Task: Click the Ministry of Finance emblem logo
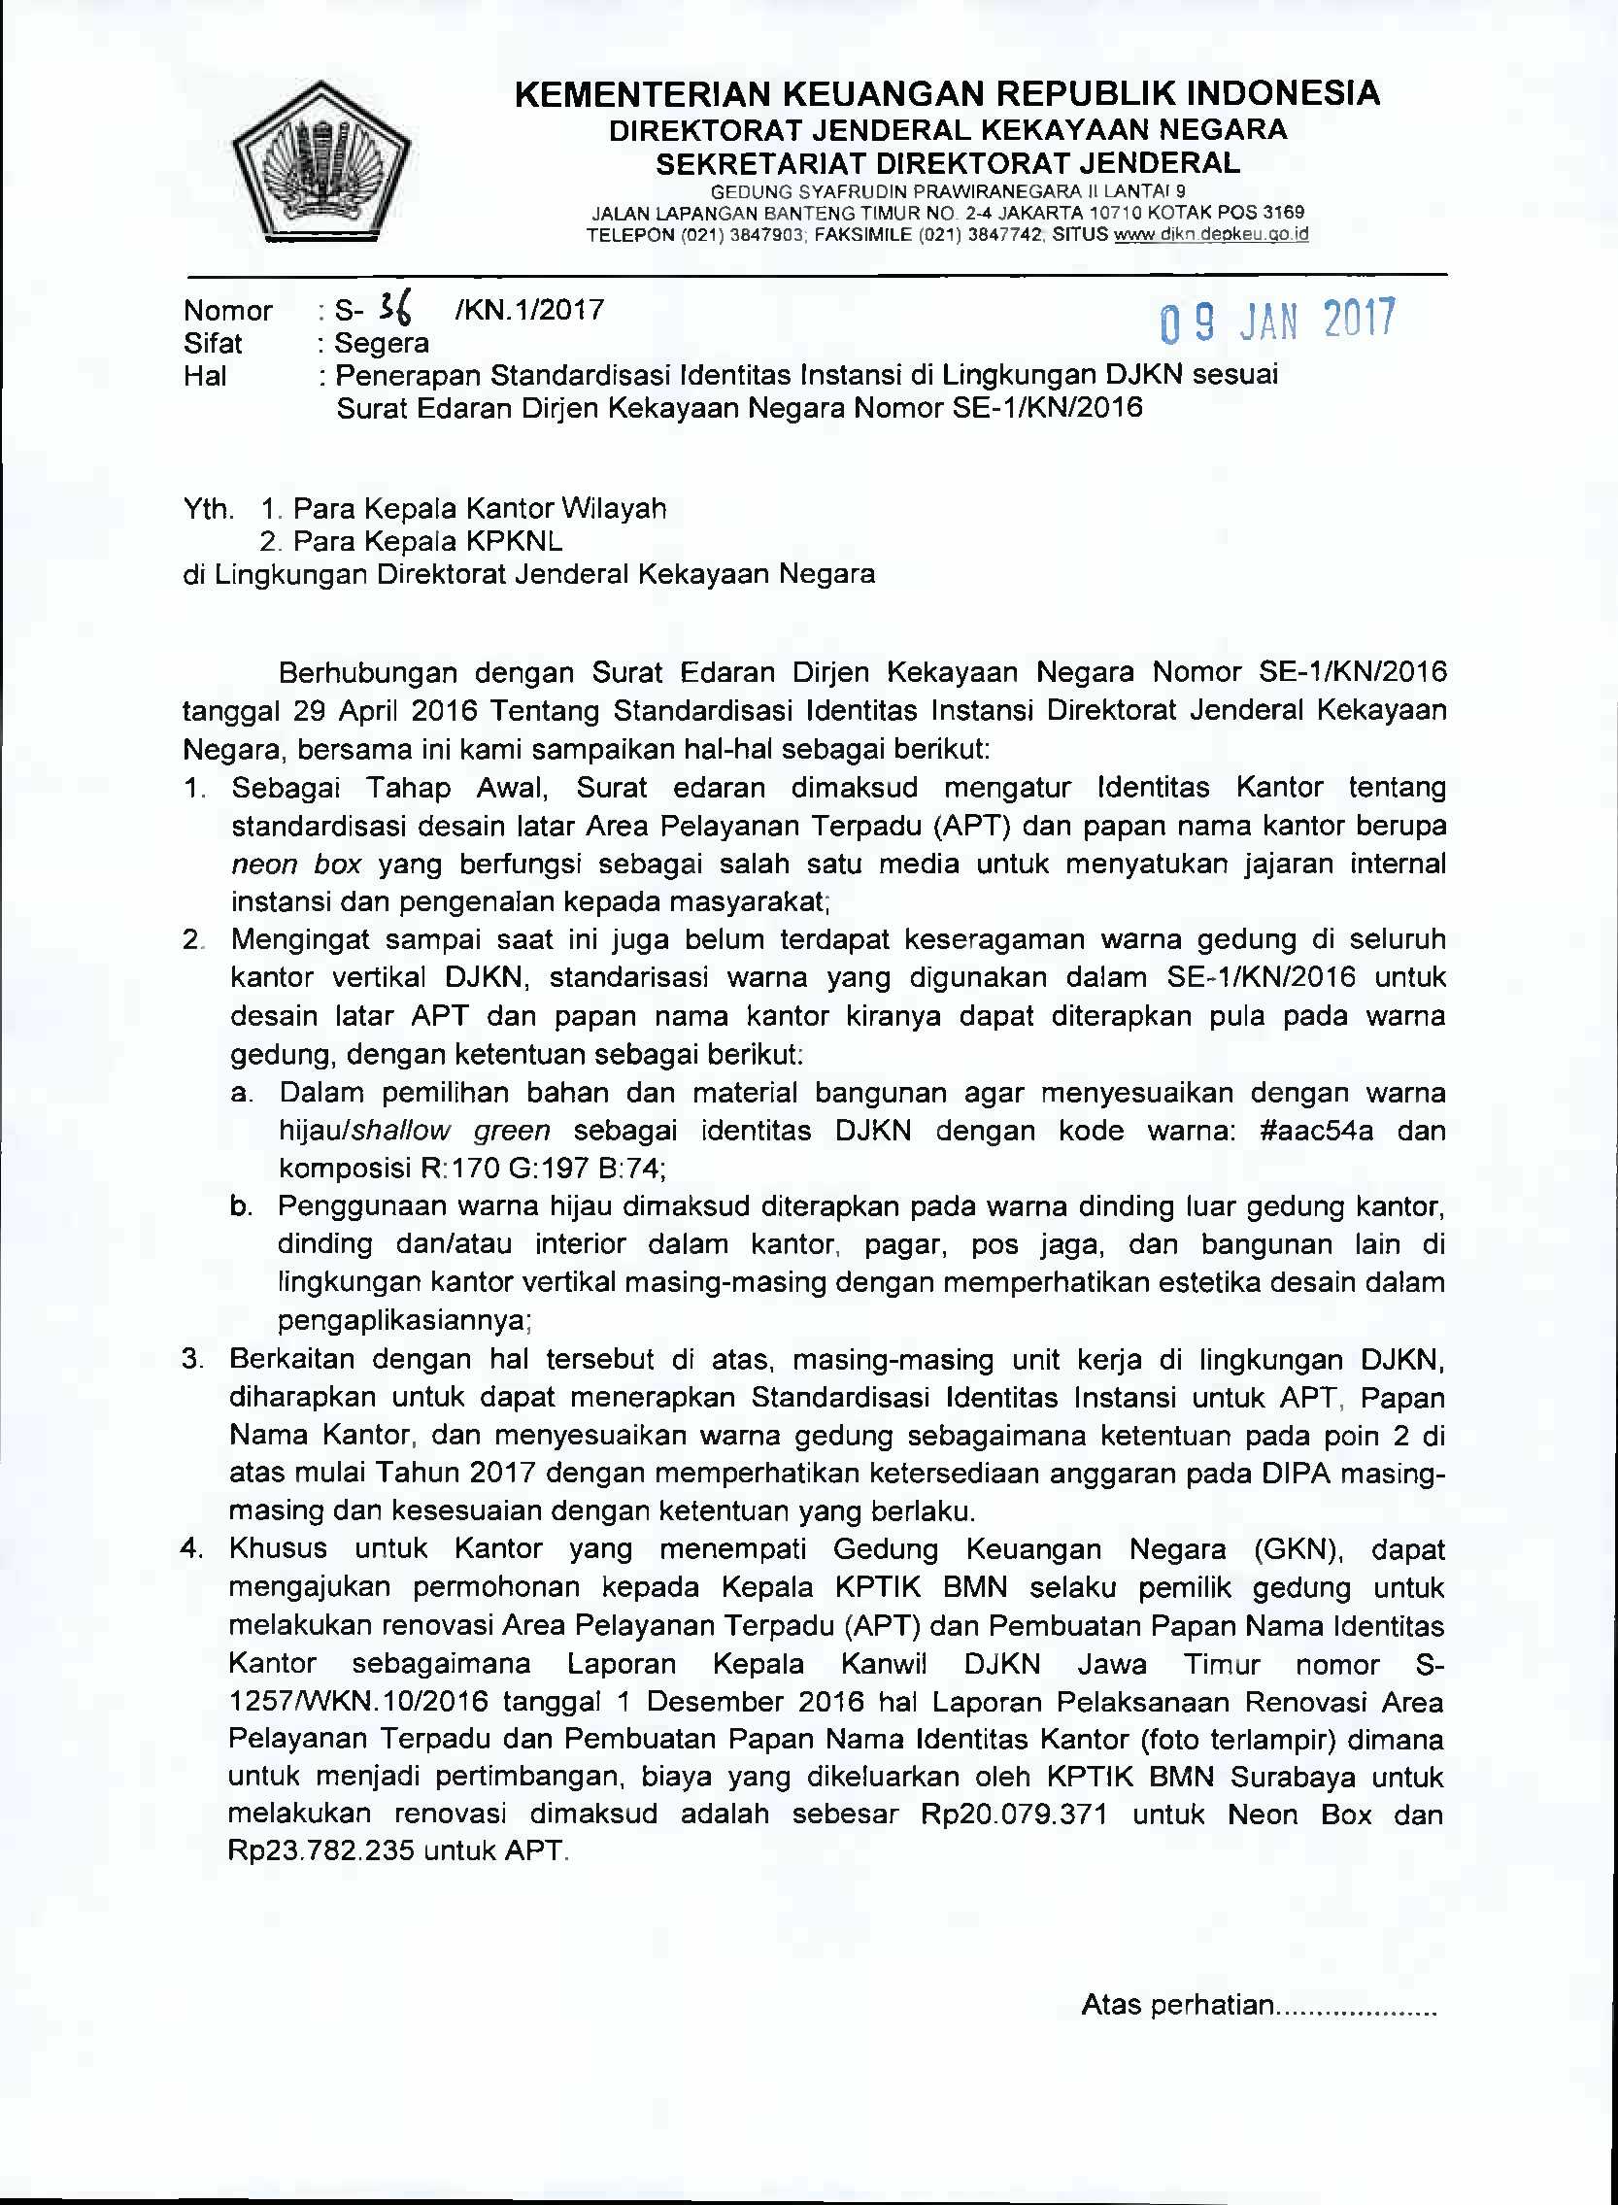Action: (321, 160)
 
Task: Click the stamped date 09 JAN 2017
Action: (1277, 322)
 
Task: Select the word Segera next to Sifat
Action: (381, 343)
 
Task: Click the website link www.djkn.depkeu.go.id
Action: (1211, 235)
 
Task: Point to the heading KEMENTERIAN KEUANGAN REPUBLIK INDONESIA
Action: (947, 94)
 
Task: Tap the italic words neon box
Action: (297, 864)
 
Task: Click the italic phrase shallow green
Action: (451, 1131)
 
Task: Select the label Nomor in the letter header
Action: (227, 311)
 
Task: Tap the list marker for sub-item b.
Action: (241, 1206)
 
